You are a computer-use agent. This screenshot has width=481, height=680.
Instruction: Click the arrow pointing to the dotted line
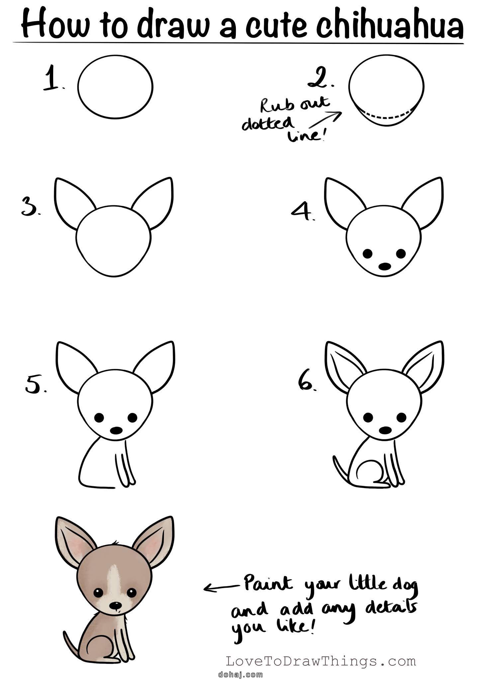[326, 120]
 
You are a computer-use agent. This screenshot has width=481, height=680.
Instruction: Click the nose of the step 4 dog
[385, 266]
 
